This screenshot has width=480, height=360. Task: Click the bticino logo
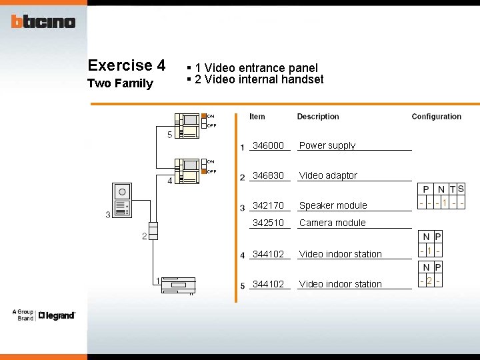(x=43, y=22)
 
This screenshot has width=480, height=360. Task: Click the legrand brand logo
(x=57, y=315)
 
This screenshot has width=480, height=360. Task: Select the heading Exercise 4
(x=127, y=65)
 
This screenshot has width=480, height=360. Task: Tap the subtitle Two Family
(x=121, y=83)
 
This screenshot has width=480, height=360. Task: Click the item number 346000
(x=268, y=145)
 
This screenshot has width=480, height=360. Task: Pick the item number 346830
(x=268, y=175)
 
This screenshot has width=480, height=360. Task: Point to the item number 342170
(x=268, y=205)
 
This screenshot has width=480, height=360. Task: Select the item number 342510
(x=268, y=223)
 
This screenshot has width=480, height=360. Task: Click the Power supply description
(x=327, y=145)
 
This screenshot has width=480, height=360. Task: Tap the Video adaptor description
(x=328, y=175)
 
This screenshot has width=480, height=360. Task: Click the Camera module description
(x=333, y=223)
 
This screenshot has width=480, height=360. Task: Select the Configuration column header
(x=436, y=117)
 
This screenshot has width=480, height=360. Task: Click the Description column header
(x=318, y=117)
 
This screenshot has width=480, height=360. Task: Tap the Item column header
(x=257, y=117)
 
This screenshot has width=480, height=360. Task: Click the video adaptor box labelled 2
(x=153, y=230)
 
